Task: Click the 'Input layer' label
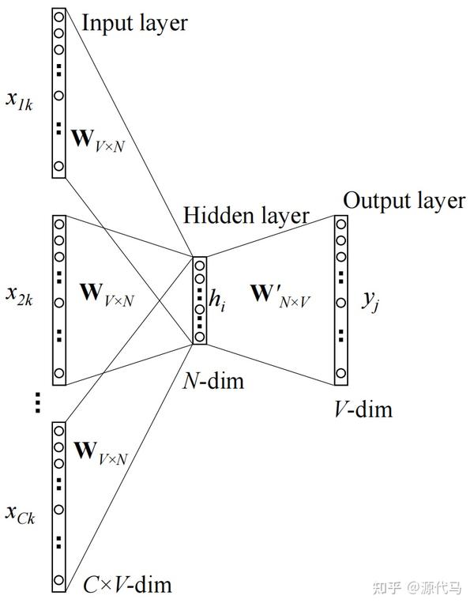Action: (x=135, y=22)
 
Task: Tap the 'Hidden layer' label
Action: (x=246, y=215)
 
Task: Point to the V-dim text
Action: (x=363, y=409)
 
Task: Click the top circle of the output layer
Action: (x=340, y=224)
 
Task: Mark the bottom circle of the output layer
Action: (x=340, y=371)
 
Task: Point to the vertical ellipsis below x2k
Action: (x=36, y=403)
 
